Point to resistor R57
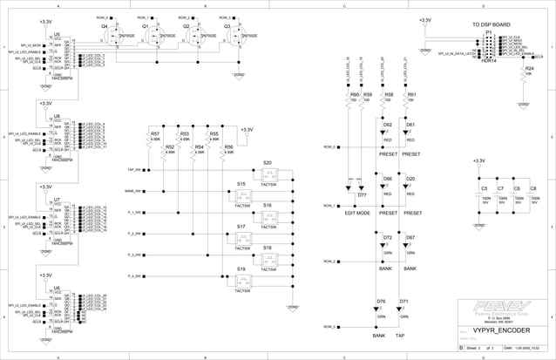point(155,134)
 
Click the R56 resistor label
point(227,147)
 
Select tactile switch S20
point(268,163)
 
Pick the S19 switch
point(241,269)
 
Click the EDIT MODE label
point(357,213)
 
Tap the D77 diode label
point(362,194)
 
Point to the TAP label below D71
point(400,335)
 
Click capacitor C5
point(484,188)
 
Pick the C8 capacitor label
point(533,188)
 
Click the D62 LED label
point(388,126)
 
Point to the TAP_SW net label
point(134,169)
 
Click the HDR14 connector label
point(489,61)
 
